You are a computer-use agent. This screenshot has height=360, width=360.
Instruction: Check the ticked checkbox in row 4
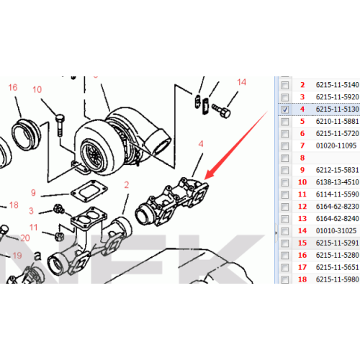click(x=285, y=109)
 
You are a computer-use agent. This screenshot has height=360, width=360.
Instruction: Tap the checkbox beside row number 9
click(x=285, y=170)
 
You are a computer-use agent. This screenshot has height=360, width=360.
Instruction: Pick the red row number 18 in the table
click(x=302, y=279)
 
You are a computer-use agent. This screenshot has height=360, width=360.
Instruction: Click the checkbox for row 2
click(x=285, y=85)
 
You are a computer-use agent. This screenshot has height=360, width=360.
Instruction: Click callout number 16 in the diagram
click(x=12, y=88)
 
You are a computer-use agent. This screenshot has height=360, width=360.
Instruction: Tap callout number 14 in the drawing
click(x=241, y=82)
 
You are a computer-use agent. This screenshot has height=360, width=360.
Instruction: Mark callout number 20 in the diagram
click(x=24, y=238)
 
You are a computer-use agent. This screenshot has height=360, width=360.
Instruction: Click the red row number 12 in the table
click(x=302, y=206)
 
